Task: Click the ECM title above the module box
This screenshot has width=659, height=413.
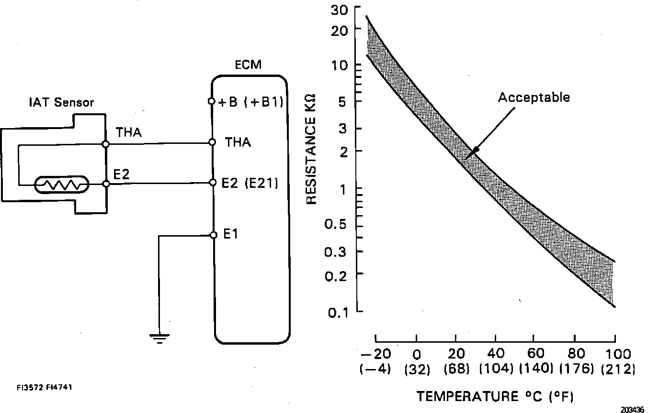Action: [x=249, y=65]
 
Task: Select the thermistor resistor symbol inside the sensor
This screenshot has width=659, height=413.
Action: [x=61, y=184]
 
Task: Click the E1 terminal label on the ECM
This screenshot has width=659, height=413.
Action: [x=231, y=234]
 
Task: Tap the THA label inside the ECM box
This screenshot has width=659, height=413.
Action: [x=238, y=142]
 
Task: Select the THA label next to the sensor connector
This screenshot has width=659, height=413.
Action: [x=129, y=133]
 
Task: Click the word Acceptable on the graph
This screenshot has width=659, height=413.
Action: [x=534, y=98]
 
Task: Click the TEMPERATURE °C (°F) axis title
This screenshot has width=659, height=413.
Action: [x=495, y=396]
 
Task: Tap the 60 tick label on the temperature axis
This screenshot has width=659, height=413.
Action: [x=536, y=354]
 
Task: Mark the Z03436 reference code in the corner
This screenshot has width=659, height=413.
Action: [x=633, y=410]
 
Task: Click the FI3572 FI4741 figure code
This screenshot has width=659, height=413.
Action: [x=43, y=387]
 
